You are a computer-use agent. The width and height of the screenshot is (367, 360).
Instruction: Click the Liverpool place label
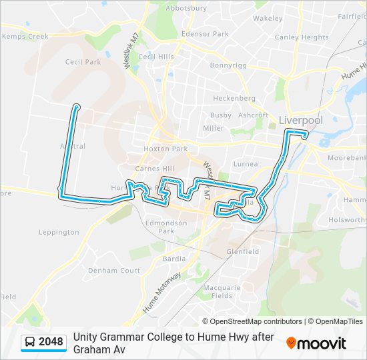coord(300,120)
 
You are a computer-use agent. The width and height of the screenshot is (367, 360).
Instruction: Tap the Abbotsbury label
coord(186,8)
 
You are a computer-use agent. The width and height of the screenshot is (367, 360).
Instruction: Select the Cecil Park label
coord(83,62)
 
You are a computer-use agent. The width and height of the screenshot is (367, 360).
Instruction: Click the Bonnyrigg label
coord(229,65)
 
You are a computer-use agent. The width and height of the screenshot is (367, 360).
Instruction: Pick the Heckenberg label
coord(234,98)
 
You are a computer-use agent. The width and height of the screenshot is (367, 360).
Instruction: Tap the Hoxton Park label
coord(165,149)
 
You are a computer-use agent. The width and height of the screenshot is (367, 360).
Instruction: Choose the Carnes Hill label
coord(155,169)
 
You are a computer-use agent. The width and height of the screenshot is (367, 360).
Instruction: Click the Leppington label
coord(59,232)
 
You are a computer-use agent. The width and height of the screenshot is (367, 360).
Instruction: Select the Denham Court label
coord(114,271)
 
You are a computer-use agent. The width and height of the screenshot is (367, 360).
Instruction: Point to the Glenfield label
coord(243,251)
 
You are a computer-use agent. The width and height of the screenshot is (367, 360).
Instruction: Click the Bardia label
coord(174,259)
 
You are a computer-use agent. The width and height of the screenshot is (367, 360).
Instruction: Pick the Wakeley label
coord(268,18)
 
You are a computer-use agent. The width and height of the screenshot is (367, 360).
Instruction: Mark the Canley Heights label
coord(301,37)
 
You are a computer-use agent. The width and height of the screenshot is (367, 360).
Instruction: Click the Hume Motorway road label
coord(161,293)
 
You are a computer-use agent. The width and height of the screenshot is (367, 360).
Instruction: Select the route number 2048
coord(51,342)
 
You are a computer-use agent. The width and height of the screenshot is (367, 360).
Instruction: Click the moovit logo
coord(316,343)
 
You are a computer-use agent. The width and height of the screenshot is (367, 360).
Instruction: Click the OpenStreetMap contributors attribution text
coord(256,321)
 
